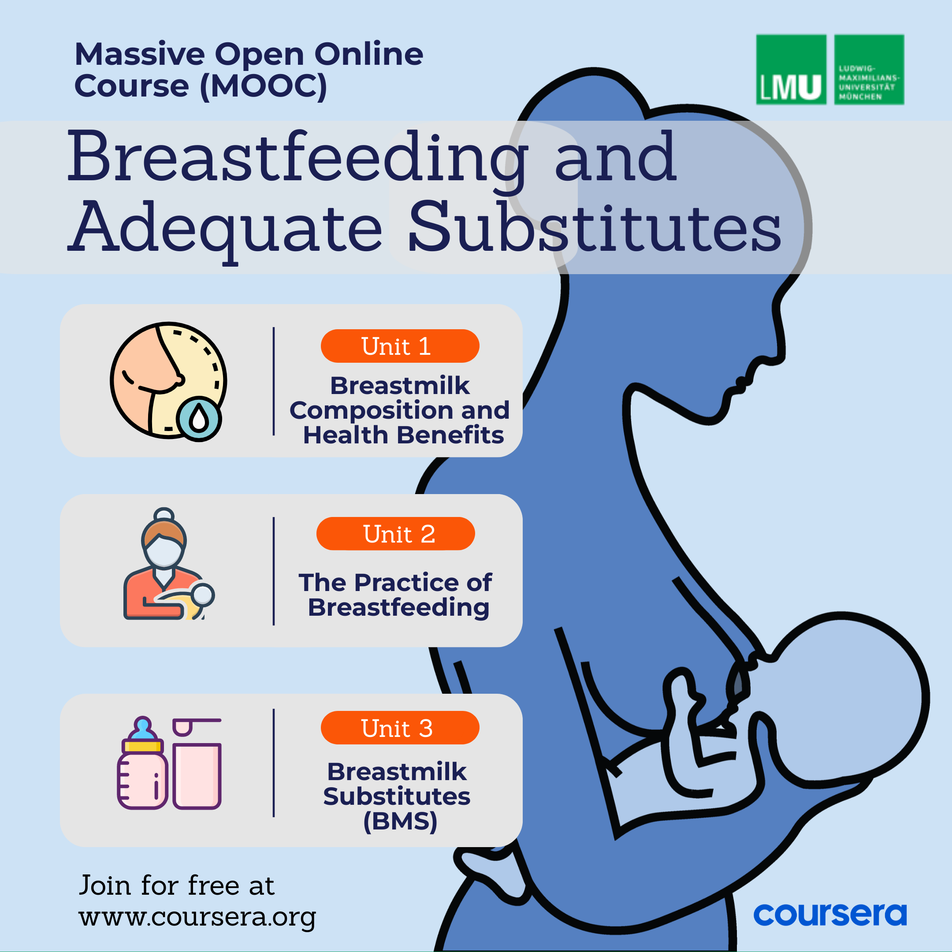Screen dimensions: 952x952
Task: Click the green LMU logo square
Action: (791, 70)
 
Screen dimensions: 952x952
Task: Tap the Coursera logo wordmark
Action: (830, 915)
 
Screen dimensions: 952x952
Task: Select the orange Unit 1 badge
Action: (400, 346)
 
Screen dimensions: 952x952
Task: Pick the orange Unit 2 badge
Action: (396, 534)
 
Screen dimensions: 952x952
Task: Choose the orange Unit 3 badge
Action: (400, 728)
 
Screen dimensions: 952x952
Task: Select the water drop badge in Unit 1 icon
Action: (199, 419)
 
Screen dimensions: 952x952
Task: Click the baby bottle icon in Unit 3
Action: (142, 763)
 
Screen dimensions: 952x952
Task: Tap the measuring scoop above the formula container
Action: (196, 726)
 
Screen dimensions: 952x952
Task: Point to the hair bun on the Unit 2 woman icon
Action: (164, 515)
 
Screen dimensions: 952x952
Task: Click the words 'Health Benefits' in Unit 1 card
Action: (404, 435)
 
